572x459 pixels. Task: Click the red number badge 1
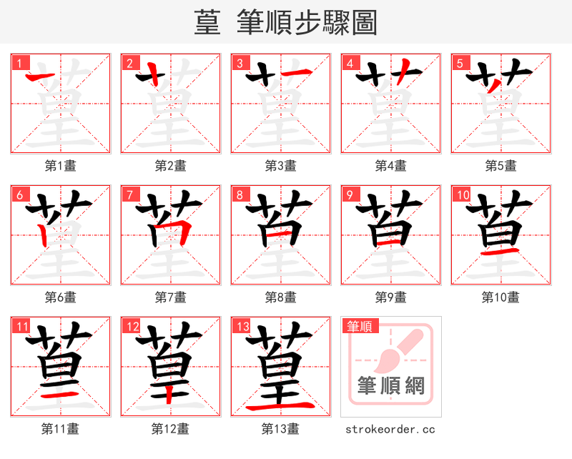pyautogui.click(x=19, y=63)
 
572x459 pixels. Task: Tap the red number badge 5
pyautogui.click(x=459, y=63)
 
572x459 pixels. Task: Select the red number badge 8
pyautogui.click(x=239, y=194)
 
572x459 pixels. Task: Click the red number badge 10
pyautogui.click(x=461, y=194)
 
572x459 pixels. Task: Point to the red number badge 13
pyautogui.click(x=241, y=327)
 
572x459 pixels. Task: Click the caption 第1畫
pyautogui.click(x=61, y=166)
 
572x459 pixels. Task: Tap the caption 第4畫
pyautogui.click(x=391, y=166)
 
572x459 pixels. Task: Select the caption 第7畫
pyautogui.click(x=171, y=297)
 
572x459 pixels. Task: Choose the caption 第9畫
pyautogui.click(x=391, y=297)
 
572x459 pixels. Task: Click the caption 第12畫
pyautogui.click(x=170, y=429)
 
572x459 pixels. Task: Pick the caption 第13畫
pyautogui.click(x=280, y=429)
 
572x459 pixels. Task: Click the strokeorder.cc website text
pyautogui.click(x=390, y=430)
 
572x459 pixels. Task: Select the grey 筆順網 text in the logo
pyautogui.click(x=391, y=386)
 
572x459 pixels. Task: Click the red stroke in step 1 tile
pyautogui.click(x=41, y=75)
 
